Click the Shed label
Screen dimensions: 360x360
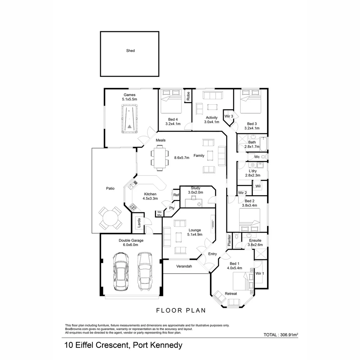[x=130, y=51]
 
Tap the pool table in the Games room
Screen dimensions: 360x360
[x=129, y=119]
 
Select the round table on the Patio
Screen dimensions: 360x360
[x=110, y=218]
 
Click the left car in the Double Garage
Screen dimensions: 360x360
[x=121, y=271]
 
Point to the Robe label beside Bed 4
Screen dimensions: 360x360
[x=188, y=96]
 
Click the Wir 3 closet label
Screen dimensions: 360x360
[x=229, y=116]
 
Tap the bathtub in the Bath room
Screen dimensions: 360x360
[x=263, y=144]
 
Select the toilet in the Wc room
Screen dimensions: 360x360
[x=264, y=157]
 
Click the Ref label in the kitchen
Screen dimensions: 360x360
[x=176, y=195]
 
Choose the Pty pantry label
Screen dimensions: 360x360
[x=172, y=208]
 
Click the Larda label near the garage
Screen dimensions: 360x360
[x=139, y=223]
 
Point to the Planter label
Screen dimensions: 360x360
[x=229, y=240]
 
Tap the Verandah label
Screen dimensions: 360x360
[x=184, y=266]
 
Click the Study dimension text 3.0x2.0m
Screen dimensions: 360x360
[x=196, y=192]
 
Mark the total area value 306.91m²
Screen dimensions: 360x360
[x=289, y=335]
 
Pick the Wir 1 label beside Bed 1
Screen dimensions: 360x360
[x=260, y=273]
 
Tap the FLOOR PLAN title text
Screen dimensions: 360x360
[x=181, y=311]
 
